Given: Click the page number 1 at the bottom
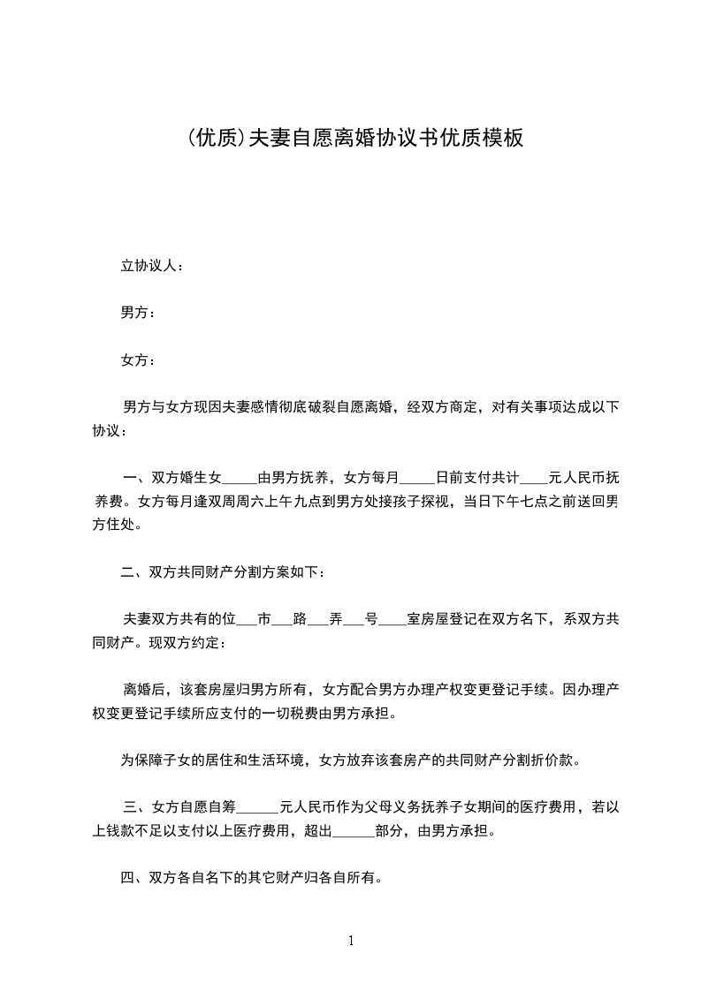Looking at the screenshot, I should pos(351,941).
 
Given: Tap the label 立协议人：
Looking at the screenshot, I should pos(152,266).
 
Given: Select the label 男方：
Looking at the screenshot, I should pos(139,313).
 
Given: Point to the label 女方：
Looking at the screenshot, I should pos(139,359).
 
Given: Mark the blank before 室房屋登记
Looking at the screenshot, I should pos(392,620).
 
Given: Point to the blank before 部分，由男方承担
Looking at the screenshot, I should pos(354,831).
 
